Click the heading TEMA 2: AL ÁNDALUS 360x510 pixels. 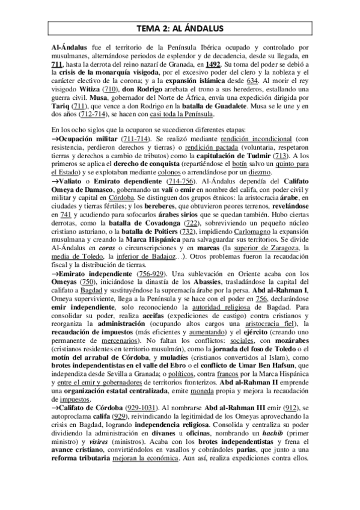(180, 26)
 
